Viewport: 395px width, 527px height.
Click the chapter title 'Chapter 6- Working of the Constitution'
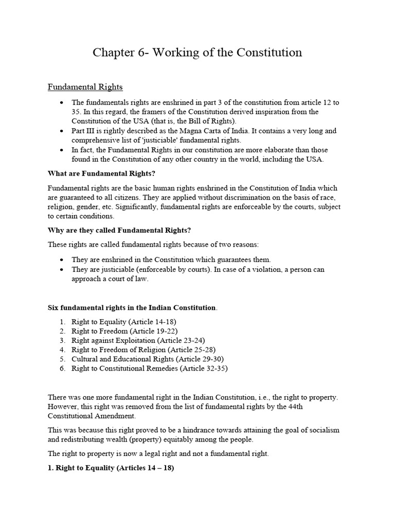[197, 52]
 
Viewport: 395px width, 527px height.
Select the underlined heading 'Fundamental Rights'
[85, 87]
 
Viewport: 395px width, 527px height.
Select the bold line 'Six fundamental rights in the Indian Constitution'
[132, 308]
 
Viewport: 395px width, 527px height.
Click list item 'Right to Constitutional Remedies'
[149, 368]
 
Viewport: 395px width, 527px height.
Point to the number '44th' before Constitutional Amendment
[329, 407]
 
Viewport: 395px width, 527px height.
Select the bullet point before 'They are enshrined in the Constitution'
[62, 260]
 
